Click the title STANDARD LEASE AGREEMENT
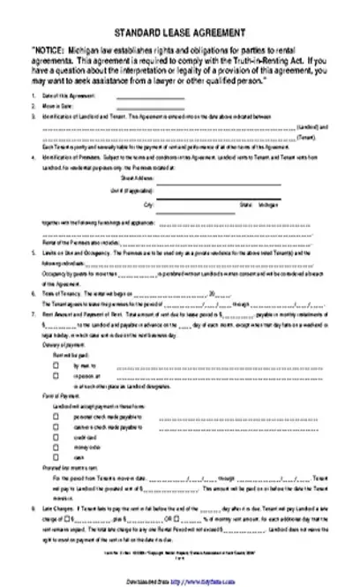[180, 31]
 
